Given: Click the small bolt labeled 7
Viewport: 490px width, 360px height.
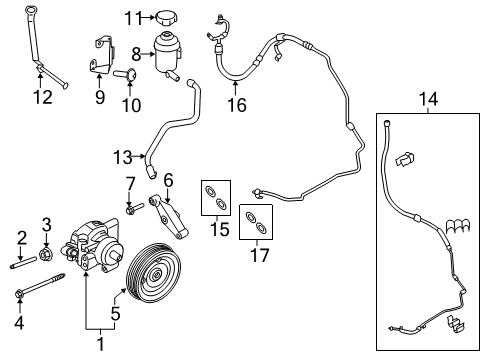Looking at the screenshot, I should tap(131, 208).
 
